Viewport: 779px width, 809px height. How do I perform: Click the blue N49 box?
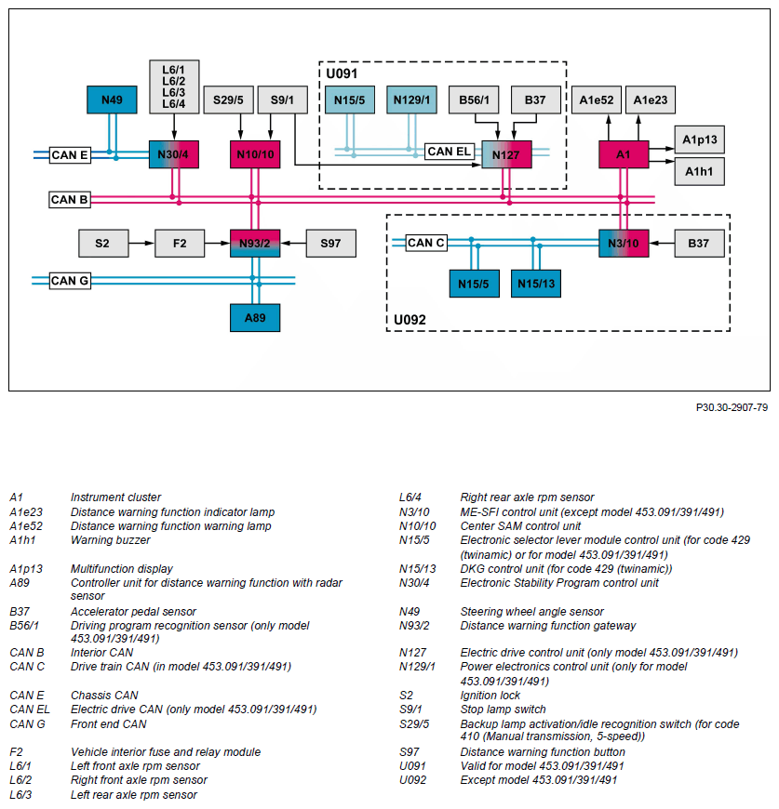point(112,100)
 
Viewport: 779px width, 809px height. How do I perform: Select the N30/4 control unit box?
point(173,154)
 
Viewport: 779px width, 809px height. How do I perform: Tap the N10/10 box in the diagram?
point(254,154)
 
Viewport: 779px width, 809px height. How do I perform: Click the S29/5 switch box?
point(228,99)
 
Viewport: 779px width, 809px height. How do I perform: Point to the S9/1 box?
point(282,99)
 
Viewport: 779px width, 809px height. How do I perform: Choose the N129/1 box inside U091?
point(411,99)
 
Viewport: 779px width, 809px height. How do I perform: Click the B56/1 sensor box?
point(475,99)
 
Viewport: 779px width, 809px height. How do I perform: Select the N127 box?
point(506,154)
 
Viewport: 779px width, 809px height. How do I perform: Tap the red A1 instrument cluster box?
point(623,154)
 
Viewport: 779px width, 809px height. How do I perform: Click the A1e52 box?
point(596,99)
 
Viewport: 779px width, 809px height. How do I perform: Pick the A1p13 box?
point(699,139)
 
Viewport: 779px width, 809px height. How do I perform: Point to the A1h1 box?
point(699,171)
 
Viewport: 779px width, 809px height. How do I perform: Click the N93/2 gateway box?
point(254,244)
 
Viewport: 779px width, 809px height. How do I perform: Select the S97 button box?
point(330,244)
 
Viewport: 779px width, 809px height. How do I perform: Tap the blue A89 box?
point(254,317)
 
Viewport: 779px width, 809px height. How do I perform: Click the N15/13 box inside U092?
point(535,284)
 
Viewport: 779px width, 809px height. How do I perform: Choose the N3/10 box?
point(623,244)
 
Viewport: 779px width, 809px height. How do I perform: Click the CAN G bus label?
point(70,280)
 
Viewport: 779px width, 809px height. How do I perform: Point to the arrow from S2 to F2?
point(141,244)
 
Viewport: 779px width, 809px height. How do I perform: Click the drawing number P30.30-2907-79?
point(731,407)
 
